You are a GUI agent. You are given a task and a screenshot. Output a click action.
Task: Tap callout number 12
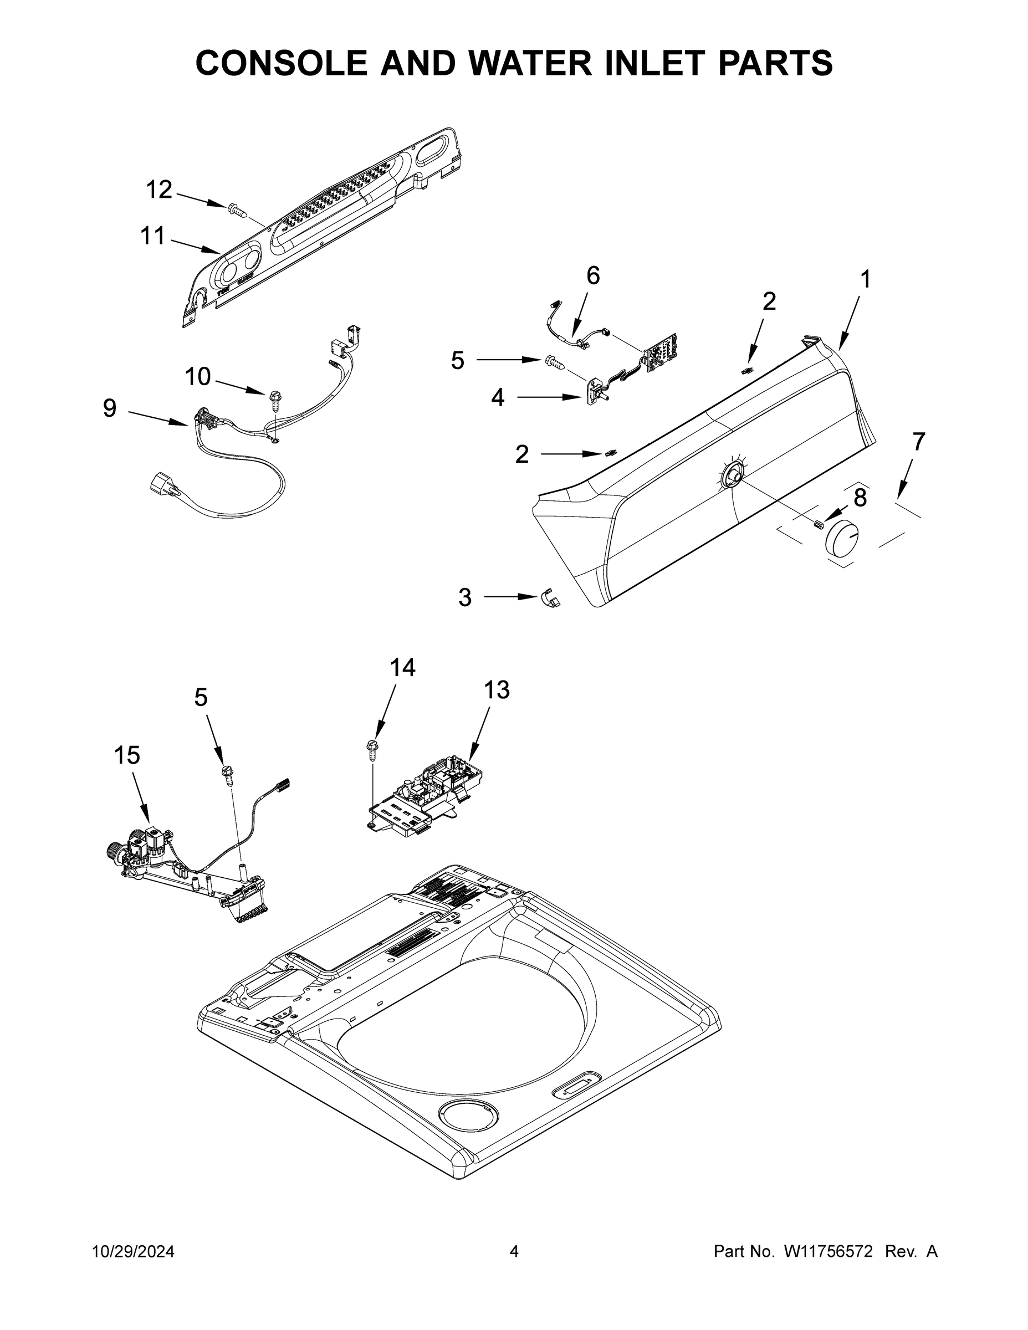[x=159, y=190]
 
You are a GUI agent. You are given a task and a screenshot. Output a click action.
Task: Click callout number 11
[x=152, y=236]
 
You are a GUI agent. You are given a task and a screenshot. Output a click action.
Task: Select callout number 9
[x=110, y=408]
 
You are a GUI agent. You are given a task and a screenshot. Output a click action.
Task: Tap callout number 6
[x=592, y=276]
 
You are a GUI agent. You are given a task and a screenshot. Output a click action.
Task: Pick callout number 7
[x=918, y=441]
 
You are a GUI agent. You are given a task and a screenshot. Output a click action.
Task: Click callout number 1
[x=865, y=280]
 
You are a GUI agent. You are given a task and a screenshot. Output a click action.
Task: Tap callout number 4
[x=498, y=398]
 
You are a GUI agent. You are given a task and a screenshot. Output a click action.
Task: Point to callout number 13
[x=497, y=690]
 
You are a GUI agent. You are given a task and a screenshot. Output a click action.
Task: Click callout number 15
[x=127, y=755]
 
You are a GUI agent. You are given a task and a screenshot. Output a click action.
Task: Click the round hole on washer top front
[x=468, y=1116]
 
